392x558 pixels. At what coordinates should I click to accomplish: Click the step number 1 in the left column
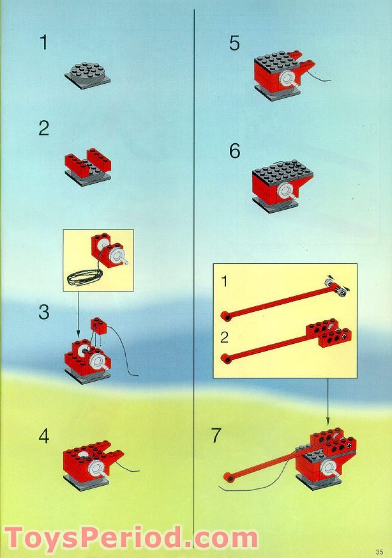coord(43,43)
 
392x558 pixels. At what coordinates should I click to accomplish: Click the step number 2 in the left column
coord(43,128)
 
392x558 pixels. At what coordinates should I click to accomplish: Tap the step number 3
coord(43,313)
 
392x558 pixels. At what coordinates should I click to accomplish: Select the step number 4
coord(43,437)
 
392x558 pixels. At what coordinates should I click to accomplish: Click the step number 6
coord(234,151)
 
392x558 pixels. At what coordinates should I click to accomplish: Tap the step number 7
coord(216,436)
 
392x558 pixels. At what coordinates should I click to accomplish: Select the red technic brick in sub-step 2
coord(329,330)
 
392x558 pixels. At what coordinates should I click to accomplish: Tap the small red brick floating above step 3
coord(98,324)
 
